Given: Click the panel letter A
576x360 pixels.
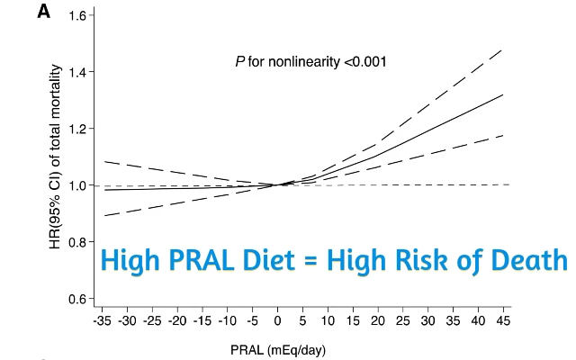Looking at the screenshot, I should coord(43,13).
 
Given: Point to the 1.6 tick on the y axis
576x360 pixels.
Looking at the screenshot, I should coord(76,15).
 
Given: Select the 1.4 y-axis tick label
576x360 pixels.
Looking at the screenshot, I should coord(76,72).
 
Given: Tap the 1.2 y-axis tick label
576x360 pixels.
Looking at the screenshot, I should coord(76,129).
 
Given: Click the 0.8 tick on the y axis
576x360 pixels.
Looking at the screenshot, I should coord(76,242).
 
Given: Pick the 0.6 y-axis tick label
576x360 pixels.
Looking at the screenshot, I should coord(76,299).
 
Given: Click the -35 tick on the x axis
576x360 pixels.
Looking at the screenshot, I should coord(101,319).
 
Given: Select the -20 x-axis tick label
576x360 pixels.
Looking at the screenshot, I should coord(176,319).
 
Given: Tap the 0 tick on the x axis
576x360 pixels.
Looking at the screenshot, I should coord(276,319).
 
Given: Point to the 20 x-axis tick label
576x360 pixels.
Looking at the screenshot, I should coord(377,319).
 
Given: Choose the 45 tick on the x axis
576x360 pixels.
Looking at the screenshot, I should coord(502,319).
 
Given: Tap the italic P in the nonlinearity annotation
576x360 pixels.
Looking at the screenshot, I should coord(239,62).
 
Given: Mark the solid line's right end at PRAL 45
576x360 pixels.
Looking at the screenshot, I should coord(502,94).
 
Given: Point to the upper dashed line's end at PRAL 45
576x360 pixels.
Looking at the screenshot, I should coord(502,49).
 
